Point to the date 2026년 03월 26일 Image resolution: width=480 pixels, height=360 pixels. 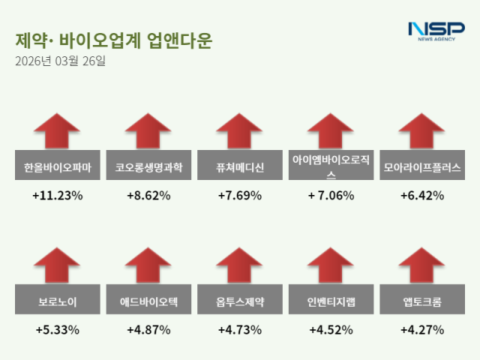60,61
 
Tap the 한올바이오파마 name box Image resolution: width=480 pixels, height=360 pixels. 57,167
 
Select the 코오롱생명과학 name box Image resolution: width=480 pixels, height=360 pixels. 148,167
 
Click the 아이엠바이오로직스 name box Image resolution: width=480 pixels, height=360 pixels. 330,167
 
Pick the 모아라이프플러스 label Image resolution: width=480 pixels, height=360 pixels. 421,167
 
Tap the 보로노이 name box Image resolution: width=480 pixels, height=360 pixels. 57,302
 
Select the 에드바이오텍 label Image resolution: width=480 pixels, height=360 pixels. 148,302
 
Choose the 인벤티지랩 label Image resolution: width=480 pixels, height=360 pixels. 330,302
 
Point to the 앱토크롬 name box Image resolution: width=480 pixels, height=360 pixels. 421,302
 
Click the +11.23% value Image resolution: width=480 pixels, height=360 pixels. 57,195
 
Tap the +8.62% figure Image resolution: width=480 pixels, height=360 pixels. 148,195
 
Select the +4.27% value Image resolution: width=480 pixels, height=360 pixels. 421,329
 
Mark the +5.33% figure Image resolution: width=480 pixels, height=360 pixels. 57,329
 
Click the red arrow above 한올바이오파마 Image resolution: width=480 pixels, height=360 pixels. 57,132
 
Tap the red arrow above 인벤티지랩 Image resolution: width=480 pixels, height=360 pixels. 330,267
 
